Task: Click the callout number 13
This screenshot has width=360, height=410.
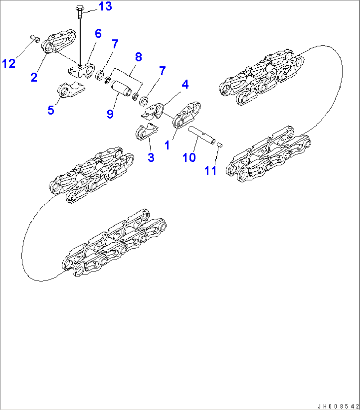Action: point(105,6)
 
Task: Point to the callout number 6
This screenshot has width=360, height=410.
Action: point(98,34)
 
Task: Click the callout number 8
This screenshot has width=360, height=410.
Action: point(138,57)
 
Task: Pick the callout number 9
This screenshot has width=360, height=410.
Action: point(110,114)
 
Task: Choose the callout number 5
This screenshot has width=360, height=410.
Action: point(51,110)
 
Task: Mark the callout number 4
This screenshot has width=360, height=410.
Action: point(185,85)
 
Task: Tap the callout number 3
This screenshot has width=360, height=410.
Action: point(151,157)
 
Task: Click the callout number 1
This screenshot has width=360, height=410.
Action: point(167,145)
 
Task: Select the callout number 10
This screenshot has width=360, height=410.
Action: point(189,157)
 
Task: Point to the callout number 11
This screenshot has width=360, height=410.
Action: point(210,170)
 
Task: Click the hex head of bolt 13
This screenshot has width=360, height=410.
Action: point(80,8)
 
